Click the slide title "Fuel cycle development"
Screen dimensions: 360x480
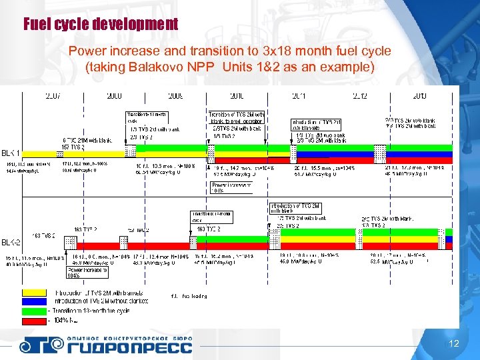pyautogui.click(x=101, y=25)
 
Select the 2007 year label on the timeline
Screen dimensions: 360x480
pyautogui.click(x=52, y=96)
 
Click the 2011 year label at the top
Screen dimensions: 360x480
pyautogui.click(x=299, y=96)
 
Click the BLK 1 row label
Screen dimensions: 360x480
pyautogui.click(x=11, y=153)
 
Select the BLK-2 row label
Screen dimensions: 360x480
pyautogui.click(x=11, y=241)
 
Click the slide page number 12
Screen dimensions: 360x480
pyautogui.click(x=454, y=344)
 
